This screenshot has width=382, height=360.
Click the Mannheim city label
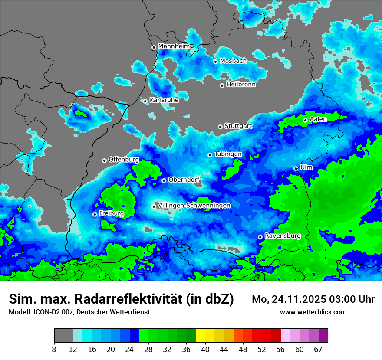[174, 46]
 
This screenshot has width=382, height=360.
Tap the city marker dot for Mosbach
[215, 62]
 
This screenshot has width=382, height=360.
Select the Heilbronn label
[241, 85]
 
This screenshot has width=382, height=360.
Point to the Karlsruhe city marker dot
[145, 101]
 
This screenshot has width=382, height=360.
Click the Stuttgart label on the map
[238, 126]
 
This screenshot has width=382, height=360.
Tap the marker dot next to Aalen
[305, 120]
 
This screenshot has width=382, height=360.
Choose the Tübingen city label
[228, 154]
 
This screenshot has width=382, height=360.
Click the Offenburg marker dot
[104, 160]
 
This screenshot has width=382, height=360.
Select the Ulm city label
[306, 167]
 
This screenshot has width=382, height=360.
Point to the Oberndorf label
[184, 180]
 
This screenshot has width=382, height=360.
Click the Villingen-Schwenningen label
[194, 206]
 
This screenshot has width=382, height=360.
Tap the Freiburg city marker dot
[95, 214]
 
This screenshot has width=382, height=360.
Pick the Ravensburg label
[283, 236]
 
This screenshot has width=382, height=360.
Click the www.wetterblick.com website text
[313, 312]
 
